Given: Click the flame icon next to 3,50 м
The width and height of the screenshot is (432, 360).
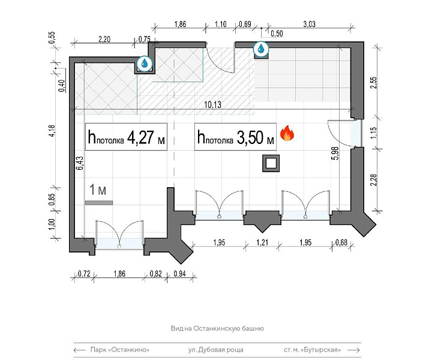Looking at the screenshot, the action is [287, 133].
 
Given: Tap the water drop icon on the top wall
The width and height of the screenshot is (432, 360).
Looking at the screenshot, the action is [260, 49].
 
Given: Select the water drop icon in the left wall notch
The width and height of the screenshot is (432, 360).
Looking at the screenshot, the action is [145, 64].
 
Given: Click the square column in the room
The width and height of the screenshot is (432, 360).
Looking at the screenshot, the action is [271, 163].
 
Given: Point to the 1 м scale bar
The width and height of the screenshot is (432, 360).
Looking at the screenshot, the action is [99, 203].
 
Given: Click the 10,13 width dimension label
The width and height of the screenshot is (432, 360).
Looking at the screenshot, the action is [212, 104].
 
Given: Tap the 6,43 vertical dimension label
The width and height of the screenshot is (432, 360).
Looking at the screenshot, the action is [80, 163].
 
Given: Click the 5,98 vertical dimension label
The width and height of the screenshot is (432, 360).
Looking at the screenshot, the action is [335, 153].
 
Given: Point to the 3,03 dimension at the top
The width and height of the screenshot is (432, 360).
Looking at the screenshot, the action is [309, 24].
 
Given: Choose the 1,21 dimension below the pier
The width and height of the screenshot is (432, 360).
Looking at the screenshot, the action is [262, 242].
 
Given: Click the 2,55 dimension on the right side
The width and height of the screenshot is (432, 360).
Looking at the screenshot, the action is [373, 83].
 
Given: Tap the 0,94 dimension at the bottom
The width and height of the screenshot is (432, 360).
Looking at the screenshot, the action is [179, 274].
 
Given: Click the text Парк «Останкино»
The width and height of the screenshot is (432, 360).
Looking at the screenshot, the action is [120, 350].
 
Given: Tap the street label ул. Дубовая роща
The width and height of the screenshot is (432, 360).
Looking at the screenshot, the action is [216, 350].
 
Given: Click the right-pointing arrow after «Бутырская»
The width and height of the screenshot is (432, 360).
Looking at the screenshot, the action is [354, 350].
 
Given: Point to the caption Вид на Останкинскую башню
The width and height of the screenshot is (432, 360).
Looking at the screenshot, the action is [217, 328].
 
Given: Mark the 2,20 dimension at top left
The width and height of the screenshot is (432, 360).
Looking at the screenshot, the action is [104, 40].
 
